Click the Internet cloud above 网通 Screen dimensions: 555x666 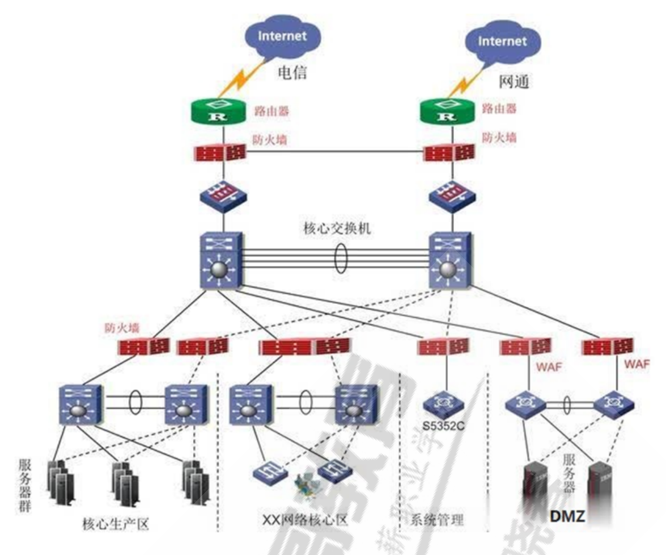click(x=502, y=43)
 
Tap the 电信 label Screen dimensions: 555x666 click(x=292, y=73)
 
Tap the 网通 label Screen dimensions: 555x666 click(x=514, y=82)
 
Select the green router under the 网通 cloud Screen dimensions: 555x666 click(x=448, y=112)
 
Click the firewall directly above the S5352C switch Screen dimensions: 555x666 click(x=443, y=346)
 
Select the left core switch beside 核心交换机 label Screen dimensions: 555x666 click(x=222, y=261)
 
